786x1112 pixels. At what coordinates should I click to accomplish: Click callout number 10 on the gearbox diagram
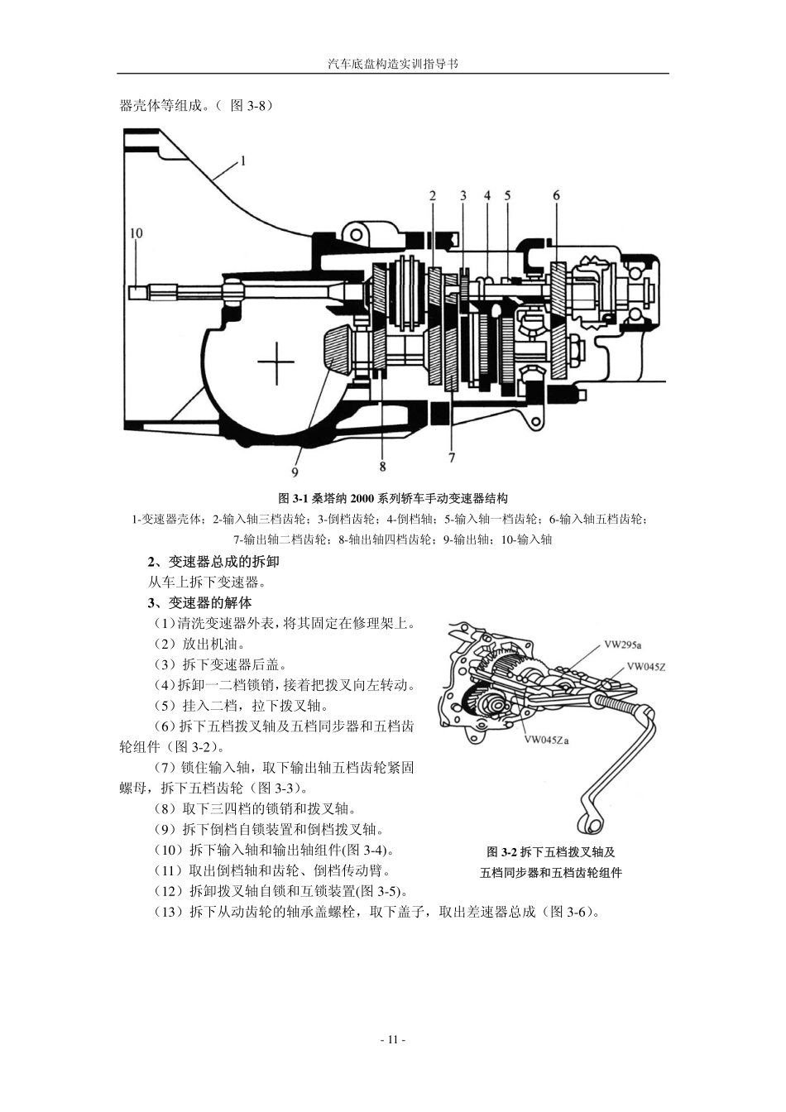[x=137, y=233]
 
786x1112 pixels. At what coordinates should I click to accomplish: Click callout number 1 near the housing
[x=243, y=161]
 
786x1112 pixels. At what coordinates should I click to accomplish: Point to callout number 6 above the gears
[x=556, y=195]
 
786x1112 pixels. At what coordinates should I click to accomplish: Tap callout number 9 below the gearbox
[x=295, y=472]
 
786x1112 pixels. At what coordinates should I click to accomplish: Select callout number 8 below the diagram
[x=382, y=467]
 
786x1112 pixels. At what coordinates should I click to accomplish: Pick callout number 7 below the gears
[x=452, y=456]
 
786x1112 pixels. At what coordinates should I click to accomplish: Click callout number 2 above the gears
[x=433, y=195]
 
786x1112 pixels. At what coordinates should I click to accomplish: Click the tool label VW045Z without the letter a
[x=645, y=666]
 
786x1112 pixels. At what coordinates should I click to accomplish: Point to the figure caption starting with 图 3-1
[x=392, y=498]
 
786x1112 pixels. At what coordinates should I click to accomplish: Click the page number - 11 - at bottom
[x=392, y=1040]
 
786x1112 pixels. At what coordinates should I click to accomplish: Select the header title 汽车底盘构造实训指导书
[x=392, y=63]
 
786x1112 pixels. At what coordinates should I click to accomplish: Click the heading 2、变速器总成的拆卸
[x=213, y=561]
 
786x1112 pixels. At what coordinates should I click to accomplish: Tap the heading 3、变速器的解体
[x=199, y=602]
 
